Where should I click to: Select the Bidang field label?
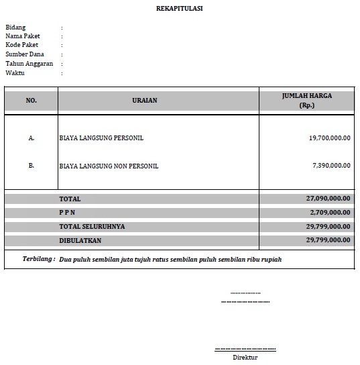click(15, 28)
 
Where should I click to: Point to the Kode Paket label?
click(21, 45)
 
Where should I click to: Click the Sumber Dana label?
click(24, 54)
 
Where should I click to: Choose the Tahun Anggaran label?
click(29, 64)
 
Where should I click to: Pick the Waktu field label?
click(15, 72)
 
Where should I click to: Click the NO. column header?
click(32, 101)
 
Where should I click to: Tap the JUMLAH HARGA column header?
click(307, 101)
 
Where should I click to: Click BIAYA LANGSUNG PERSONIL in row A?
click(101, 138)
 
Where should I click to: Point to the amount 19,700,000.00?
click(329, 138)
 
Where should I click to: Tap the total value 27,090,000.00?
click(328, 199)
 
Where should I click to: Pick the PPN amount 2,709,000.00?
click(330, 213)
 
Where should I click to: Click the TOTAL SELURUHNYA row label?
click(92, 227)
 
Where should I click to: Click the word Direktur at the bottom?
click(245, 357)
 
